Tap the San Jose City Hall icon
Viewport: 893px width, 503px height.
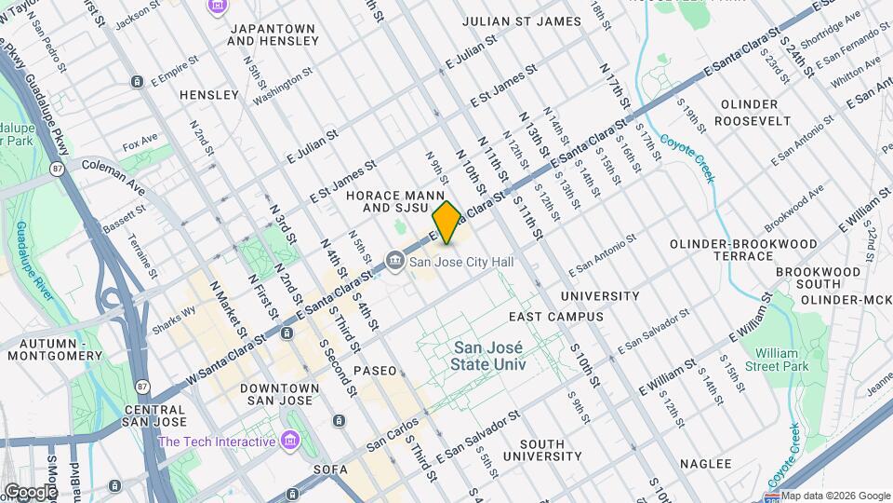tap(395, 263)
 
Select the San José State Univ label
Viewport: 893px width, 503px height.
tap(488, 357)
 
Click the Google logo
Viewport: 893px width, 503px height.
tap(30, 491)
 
